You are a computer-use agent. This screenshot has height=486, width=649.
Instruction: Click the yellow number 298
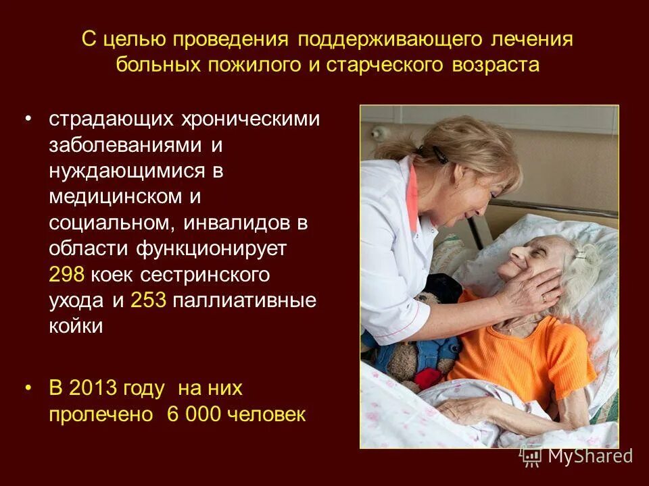point(66,275)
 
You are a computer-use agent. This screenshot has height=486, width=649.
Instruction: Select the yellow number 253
point(149,300)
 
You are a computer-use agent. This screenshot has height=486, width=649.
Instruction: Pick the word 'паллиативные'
point(245,300)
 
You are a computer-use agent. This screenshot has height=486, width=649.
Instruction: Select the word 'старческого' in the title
point(387,65)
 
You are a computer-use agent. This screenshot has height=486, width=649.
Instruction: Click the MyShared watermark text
point(590,456)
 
